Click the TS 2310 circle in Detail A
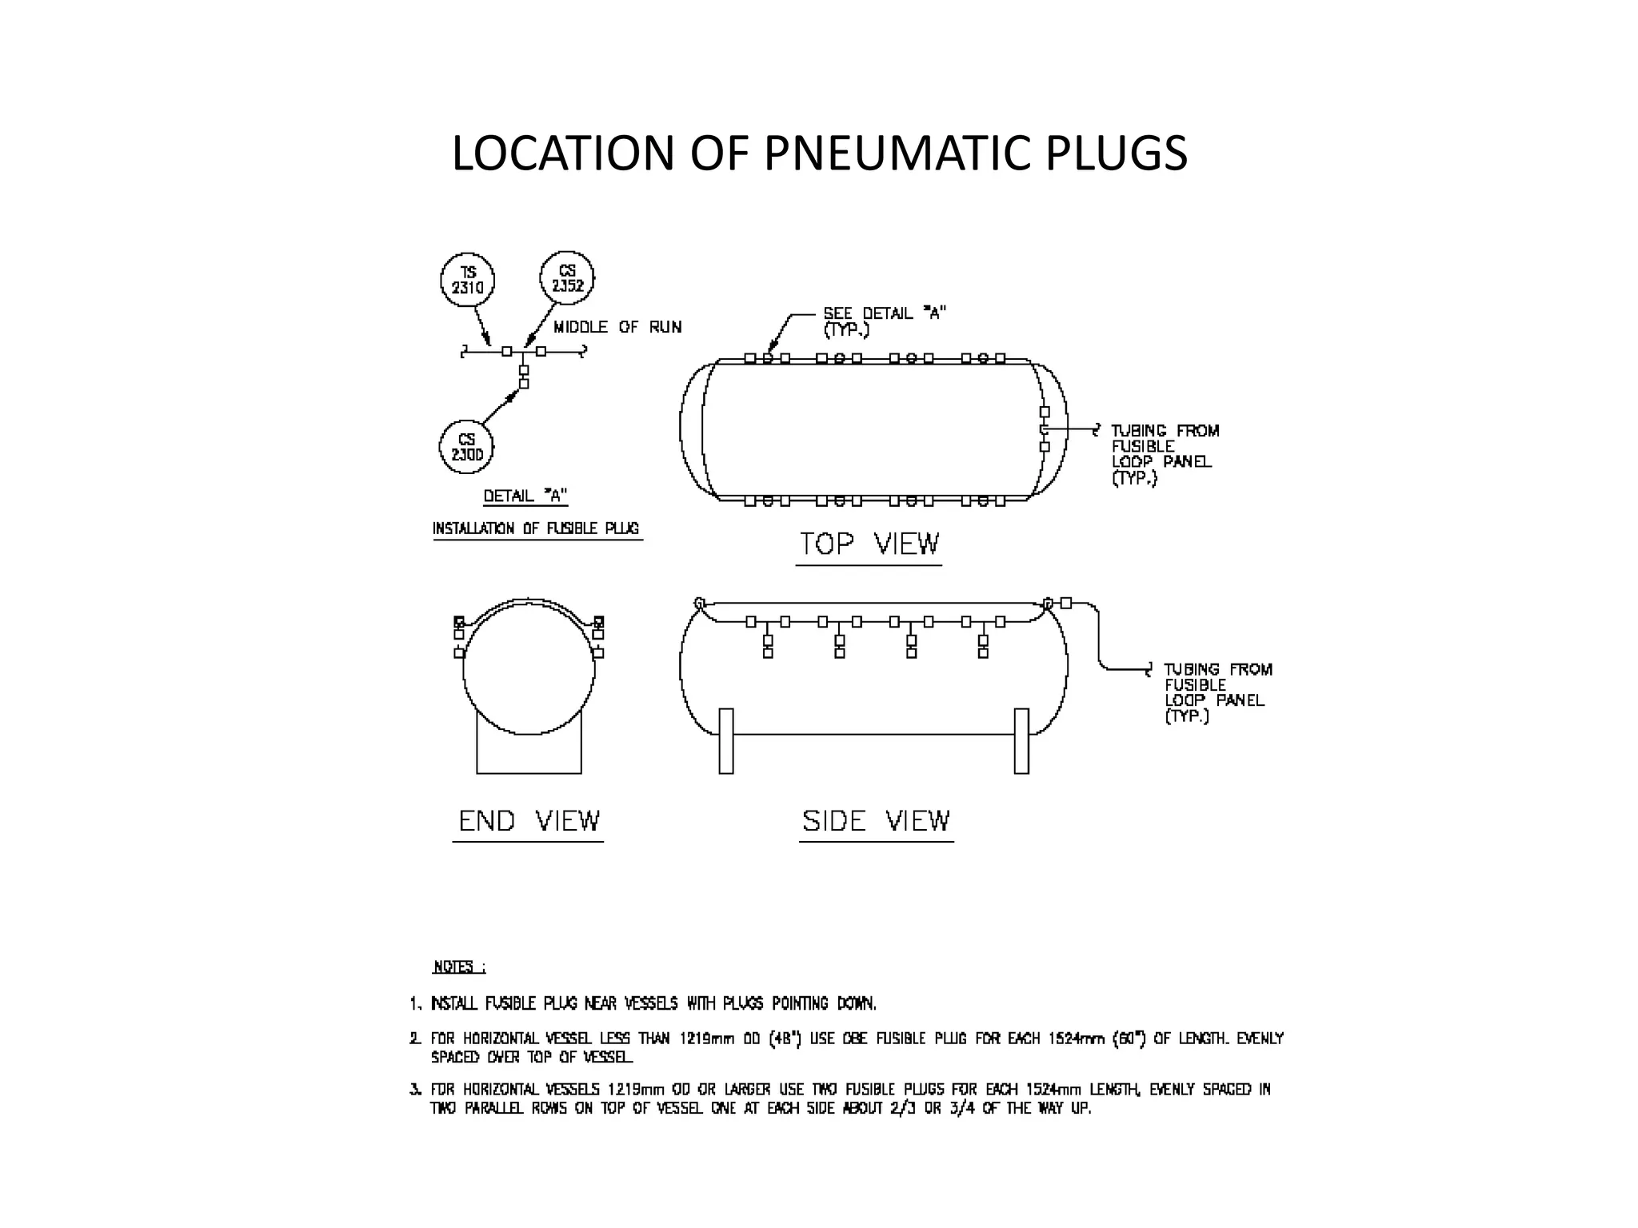(468, 281)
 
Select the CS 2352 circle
(567, 279)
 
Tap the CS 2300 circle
(466, 447)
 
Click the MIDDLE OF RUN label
(617, 327)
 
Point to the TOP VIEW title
(869, 544)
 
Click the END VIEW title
(529, 821)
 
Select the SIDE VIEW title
(877, 821)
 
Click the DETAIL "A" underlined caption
(525, 496)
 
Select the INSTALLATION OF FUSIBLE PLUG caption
(536, 528)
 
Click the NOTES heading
(458, 967)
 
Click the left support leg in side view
(726, 740)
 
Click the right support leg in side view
(1021, 740)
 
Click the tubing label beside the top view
(1164, 454)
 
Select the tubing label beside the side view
(1217, 692)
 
